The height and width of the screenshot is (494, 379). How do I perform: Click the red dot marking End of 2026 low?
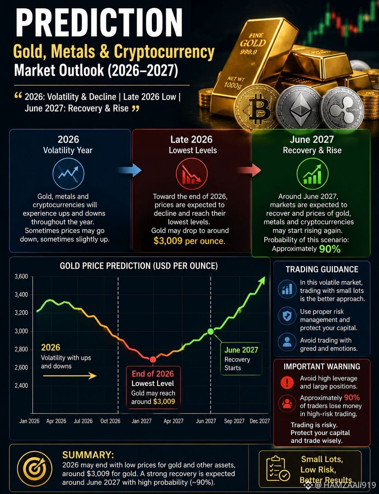click(x=153, y=360)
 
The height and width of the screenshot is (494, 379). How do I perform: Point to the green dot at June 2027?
click(x=211, y=331)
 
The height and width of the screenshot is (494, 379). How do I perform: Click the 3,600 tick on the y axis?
click(x=21, y=276)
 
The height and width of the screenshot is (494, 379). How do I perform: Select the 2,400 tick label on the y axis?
click(x=21, y=385)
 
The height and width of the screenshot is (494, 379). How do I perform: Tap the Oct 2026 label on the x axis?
click(x=110, y=421)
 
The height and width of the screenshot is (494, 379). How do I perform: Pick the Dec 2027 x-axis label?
click(x=260, y=421)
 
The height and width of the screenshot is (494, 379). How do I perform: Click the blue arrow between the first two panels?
click(x=129, y=170)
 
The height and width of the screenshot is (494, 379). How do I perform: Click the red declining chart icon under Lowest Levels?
click(x=192, y=174)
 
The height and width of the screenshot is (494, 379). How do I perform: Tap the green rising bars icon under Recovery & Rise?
click(x=312, y=174)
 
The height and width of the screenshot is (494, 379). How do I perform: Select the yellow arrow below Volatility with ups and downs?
click(x=70, y=376)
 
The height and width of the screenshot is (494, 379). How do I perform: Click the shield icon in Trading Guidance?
click(x=287, y=316)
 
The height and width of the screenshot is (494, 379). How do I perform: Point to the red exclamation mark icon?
click(x=287, y=382)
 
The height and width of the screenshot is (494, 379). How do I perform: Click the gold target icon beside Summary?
click(x=35, y=468)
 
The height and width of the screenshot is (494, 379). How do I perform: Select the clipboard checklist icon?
click(x=278, y=469)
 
